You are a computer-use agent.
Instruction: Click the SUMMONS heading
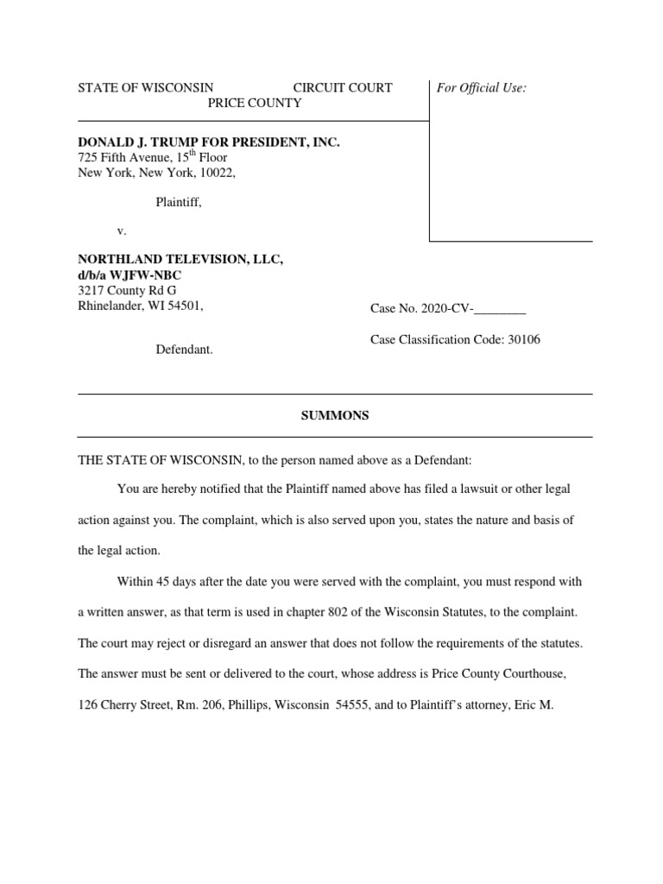[x=334, y=415]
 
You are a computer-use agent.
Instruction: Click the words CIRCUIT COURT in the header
[x=343, y=87]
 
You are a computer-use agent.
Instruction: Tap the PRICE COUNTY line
[x=254, y=103]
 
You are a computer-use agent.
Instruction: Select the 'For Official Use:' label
[x=482, y=87]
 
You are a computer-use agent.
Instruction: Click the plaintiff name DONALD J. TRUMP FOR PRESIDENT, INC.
[x=209, y=142]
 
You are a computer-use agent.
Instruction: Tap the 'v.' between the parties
[x=121, y=231]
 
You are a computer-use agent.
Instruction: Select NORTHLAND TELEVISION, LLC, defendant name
[x=180, y=260]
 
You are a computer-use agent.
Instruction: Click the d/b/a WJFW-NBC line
[x=130, y=275]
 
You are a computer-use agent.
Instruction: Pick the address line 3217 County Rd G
[x=127, y=290]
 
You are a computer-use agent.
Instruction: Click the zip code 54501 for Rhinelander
[x=186, y=306]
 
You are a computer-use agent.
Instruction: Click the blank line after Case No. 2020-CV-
[x=500, y=310]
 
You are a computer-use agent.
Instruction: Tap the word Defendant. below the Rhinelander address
[x=184, y=350]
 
